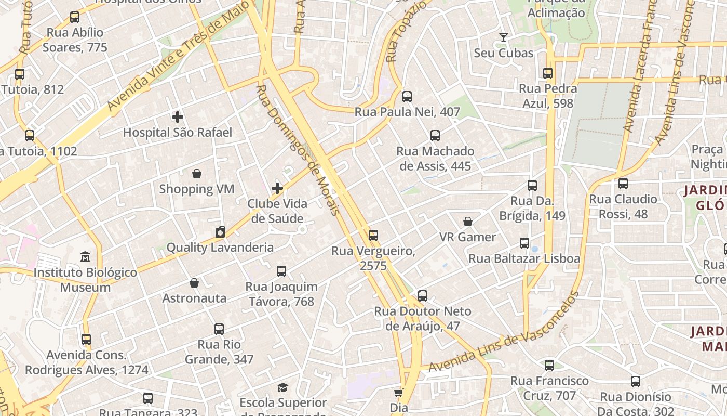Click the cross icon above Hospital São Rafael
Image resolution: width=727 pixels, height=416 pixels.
178,117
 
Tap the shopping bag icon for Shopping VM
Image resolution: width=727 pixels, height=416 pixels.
197,174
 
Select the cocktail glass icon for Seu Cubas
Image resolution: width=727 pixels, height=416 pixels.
503,37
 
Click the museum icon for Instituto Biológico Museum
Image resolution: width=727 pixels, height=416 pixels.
85,257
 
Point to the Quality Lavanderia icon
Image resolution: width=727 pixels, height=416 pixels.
220,232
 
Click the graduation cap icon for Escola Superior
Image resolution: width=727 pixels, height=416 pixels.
282,387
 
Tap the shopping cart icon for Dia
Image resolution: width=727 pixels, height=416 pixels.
398,393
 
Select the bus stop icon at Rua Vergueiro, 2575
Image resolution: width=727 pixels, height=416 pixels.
373,236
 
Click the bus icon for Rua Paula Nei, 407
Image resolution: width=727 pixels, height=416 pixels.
407,97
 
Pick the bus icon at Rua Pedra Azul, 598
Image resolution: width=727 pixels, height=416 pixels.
548,73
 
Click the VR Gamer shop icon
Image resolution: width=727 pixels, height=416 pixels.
468,222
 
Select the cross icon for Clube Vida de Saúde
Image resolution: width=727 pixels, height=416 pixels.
277,188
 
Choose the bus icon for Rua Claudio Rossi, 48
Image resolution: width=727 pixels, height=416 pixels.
623,184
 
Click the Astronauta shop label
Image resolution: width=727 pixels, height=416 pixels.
194,298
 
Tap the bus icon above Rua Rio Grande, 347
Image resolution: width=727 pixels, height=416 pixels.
219,329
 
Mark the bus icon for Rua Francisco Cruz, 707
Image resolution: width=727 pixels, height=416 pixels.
549,366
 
